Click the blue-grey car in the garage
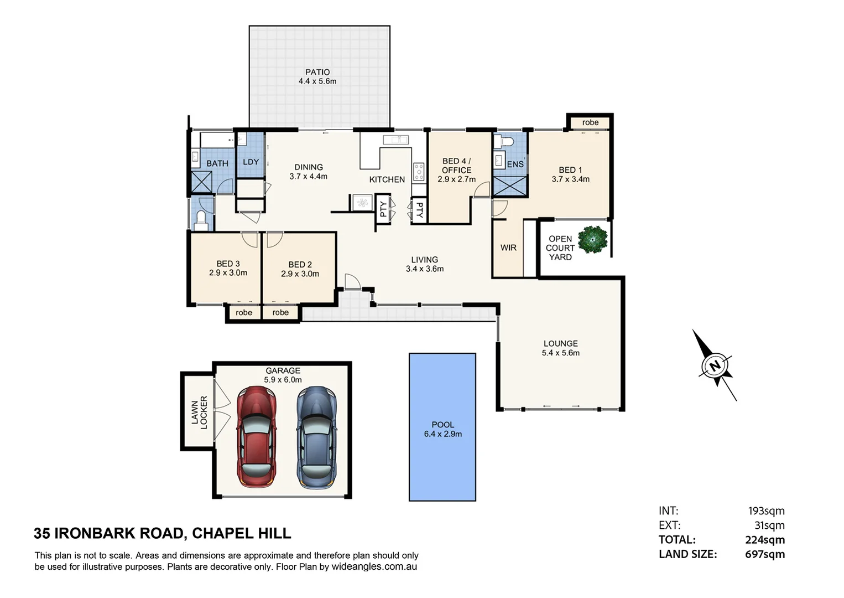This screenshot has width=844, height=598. point(316,437)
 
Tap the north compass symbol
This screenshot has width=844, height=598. point(715,365)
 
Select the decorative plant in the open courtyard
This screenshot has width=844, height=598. point(592,240)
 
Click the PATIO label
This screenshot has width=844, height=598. point(317,72)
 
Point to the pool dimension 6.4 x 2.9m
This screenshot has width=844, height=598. point(442,434)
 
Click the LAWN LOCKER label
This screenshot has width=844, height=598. point(199,413)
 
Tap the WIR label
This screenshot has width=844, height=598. point(508,248)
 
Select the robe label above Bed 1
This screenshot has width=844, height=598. point(590,122)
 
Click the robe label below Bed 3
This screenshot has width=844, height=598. point(244,313)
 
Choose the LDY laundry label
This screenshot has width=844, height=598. point(251,162)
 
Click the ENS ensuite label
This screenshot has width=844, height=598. point(515,164)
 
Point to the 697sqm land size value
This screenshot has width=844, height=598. point(764,554)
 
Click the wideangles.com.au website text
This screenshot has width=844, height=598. point(374,567)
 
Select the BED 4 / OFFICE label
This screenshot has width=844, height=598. point(456,166)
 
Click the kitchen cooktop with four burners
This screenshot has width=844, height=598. point(419,172)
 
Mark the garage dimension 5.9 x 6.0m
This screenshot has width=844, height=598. point(283,380)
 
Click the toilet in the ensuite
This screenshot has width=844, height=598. point(504,142)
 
